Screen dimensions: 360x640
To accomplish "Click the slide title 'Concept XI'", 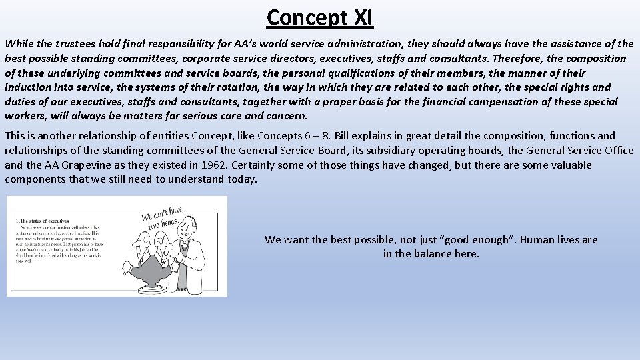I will point(319,17).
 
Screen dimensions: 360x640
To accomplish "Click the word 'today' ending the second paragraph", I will point(241,179).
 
